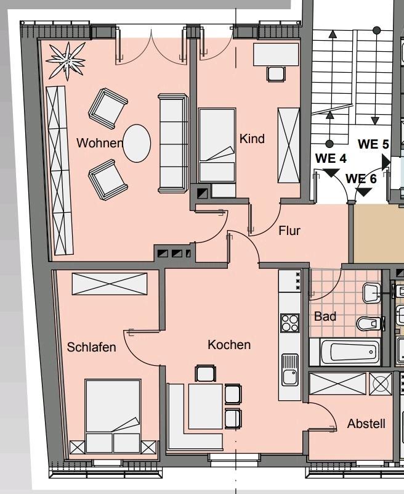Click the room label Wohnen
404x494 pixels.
[x=99, y=143]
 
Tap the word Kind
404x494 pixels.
[x=252, y=139]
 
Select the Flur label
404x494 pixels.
[x=289, y=231]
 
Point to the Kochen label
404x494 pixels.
[x=229, y=345]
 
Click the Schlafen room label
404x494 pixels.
[x=91, y=347]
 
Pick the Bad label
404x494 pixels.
[x=325, y=316]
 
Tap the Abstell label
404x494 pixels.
[x=366, y=424]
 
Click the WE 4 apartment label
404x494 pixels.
[x=331, y=158]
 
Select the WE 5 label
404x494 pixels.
[x=373, y=145]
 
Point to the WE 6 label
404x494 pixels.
[x=361, y=179]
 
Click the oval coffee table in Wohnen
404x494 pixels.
[x=137, y=143]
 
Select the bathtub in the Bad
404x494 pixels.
[x=349, y=352]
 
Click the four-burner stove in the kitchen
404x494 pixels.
[x=289, y=323]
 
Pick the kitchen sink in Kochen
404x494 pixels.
[x=289, y=369]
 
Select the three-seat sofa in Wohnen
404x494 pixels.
[x=173, y=142]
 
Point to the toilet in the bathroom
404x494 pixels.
[x=369, y=323]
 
